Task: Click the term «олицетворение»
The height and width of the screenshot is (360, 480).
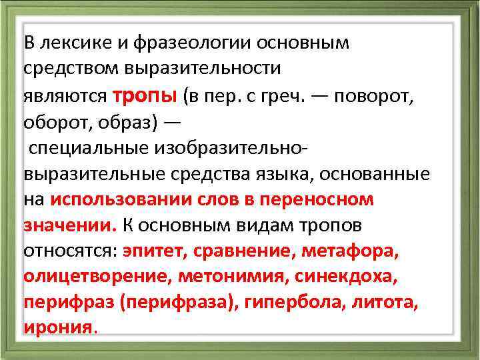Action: click(x=86, y=277)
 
